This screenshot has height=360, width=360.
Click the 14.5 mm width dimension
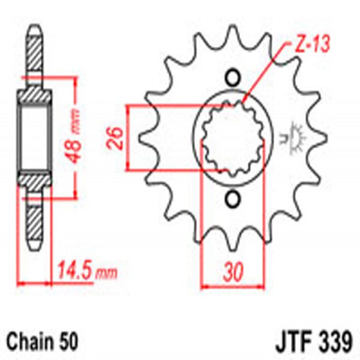84,274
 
